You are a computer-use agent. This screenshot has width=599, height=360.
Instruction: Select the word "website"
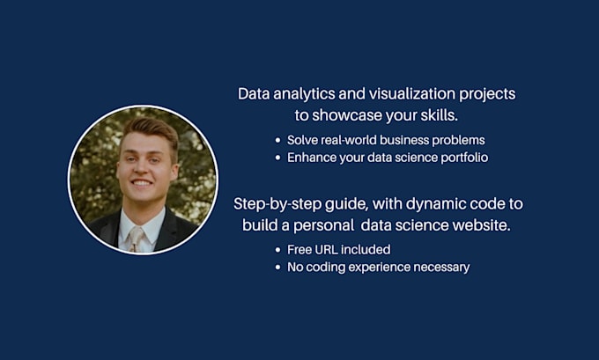(481, 225)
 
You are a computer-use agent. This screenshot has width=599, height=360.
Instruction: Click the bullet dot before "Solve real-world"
(278, 140)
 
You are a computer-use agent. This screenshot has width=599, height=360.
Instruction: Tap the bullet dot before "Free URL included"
(278, 249)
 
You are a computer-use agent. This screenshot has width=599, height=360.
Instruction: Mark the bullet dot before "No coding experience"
(278, 267)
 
